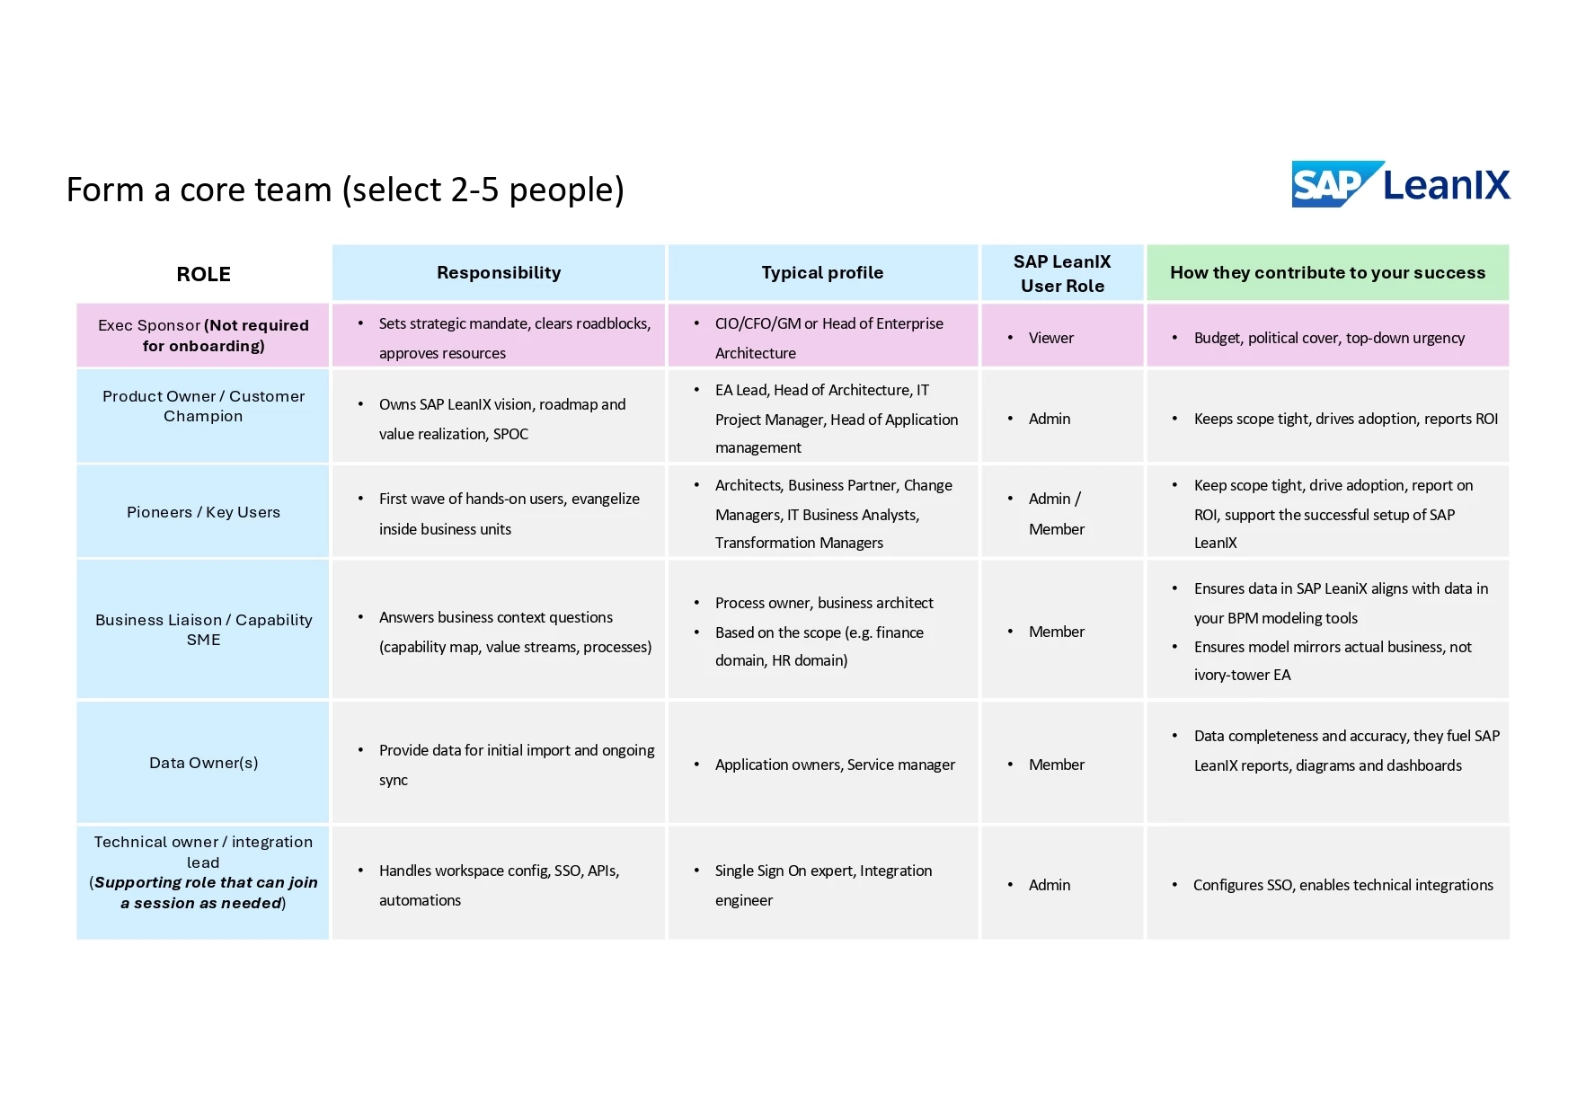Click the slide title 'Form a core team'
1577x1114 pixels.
[345, 190]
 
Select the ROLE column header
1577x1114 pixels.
[203, 274]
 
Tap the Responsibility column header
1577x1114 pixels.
[499, 272]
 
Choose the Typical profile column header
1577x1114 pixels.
[822, 272]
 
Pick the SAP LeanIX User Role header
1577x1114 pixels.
[1062, 273]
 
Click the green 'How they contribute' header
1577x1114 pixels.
[1327, 272]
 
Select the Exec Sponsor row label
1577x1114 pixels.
[203, 335]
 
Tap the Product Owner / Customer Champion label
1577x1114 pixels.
[203, 406]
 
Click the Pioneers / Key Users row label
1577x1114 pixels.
[203, 512]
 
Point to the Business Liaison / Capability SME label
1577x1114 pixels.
[203, 629]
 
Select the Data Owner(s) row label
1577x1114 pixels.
[203, 763]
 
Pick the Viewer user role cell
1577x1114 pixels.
[1050, 338]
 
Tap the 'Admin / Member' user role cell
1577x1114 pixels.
[1056, 513]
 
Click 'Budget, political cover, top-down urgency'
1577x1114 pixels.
[1328, 338]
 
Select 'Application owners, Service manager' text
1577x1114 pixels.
[835, 765]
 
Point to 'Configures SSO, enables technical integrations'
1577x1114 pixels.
[1342, 885]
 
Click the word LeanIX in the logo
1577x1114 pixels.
[1446, 184]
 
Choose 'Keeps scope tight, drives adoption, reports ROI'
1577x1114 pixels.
[1345, 419]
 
